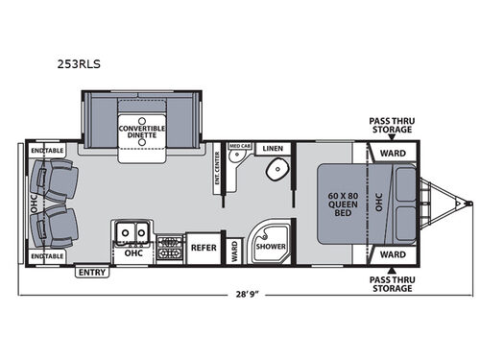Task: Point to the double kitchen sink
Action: (x=130, y=232)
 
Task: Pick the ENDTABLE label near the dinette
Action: (x=46, y=152)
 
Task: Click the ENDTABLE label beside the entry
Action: (x=46, y=256)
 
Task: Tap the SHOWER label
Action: (x=269, y=247)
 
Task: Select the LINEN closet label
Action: (x=274, y=149)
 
